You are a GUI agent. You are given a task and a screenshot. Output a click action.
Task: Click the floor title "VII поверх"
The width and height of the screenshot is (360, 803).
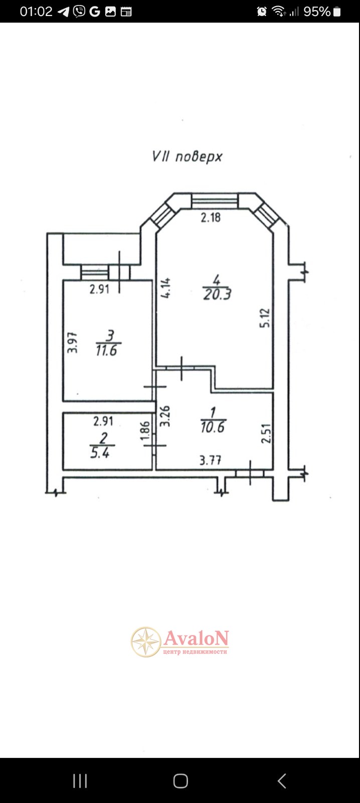click(x=187, y=156)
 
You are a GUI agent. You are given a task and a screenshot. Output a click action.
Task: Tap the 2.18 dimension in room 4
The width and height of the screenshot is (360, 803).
click(x=211, y=218)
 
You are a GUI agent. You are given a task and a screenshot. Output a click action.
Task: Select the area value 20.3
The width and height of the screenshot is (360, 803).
click(x=217, y=294)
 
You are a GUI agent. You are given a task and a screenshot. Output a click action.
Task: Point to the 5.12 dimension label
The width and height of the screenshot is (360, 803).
click(x=265, y=318)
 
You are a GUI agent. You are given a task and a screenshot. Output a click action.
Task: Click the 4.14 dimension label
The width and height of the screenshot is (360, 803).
click(x=166, y=288)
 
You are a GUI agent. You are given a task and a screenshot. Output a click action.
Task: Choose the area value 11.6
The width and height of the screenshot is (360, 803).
click(x=106, y=350)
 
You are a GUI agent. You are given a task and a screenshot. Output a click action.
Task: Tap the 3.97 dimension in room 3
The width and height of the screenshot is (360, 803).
click(x=73, y=344)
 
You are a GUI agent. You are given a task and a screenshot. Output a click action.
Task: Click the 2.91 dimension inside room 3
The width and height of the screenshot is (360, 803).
click(x=99, y=289)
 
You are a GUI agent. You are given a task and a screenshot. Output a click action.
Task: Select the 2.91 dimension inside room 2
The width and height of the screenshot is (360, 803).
click(x=103, y=421)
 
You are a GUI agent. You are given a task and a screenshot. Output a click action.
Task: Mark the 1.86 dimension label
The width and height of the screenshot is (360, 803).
click(x=145, y=431)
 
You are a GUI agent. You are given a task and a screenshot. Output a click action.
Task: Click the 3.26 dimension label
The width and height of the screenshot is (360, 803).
click(x=165, y=416)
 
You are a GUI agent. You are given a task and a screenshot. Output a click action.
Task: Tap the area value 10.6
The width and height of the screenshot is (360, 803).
click(x=213, y=427)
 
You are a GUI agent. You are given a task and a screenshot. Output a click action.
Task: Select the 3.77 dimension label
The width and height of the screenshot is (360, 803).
click(x=210, y=460)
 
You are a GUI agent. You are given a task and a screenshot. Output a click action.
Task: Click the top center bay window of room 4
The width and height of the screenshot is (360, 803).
click(x=215, y=201)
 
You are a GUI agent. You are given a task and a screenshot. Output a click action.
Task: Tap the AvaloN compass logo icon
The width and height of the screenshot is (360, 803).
click(x=146, y=642)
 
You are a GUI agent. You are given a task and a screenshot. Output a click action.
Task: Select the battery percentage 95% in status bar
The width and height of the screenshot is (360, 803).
click(x=317, y=11)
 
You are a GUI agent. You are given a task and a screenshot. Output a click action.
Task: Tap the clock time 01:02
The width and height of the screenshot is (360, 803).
click(x=36, y=11)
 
